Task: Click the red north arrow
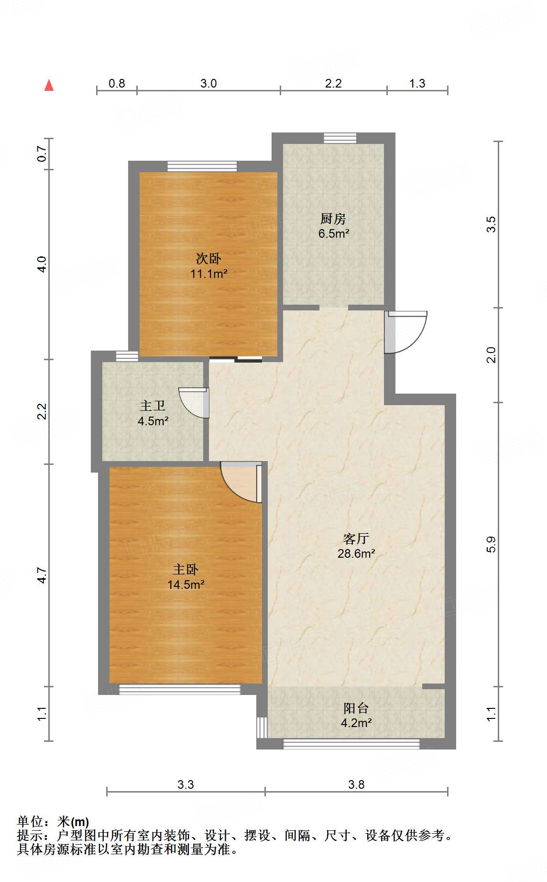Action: (x=49, y=85)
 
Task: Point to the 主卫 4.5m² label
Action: (x=153, y=414)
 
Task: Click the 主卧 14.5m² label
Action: (x=186, y=577)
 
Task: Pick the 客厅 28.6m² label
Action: (x=356, y=546)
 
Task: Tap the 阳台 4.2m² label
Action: (x=356, y=716)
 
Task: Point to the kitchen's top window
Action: (x=340, y=138)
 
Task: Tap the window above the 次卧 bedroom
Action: (x=202, y=166)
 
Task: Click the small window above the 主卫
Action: (x=127, y=356)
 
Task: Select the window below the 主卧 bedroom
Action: (x=179, y=689)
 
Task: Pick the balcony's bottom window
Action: (x=351, y=744)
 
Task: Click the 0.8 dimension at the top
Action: (x=117, y=84)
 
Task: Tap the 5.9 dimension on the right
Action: (x=491, y=544)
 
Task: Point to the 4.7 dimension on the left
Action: (x=42, y=575)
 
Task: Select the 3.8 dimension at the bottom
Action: (x=356, y=784)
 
